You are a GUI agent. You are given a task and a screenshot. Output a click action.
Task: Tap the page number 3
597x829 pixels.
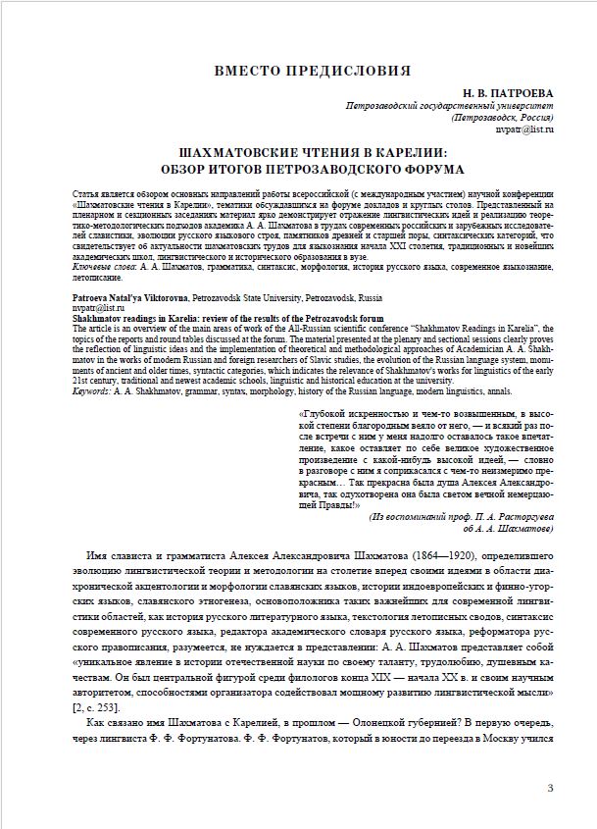coord(550,788)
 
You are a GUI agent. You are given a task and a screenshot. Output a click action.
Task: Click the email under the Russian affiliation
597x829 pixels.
coord(525,129)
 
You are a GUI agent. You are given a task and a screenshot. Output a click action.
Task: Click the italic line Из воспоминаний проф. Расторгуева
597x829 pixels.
coord(461,515)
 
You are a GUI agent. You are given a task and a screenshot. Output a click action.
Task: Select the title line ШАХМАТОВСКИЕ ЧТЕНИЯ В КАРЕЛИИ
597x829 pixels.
coord(303,154)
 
